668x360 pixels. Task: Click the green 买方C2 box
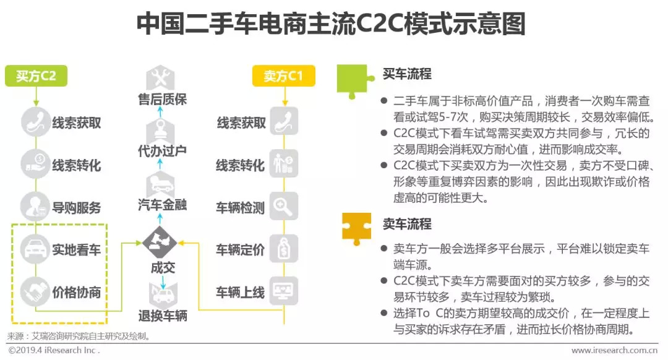coord(36,76)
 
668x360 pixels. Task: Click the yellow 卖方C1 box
coord(283,76)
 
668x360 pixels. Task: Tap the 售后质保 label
coord(162,99)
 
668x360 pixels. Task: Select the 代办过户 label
coord(162,150)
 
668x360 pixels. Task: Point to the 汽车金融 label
coord(162,204)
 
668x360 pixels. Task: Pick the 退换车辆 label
coord(162,317)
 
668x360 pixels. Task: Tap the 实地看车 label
coord(77,250)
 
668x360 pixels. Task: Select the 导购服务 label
coord(77,208)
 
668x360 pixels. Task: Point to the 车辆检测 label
coord(240,208)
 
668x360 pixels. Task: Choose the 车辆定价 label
coord(240,250)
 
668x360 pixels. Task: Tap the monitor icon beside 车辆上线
coord(284,290)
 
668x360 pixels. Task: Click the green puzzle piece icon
coord(355,79)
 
